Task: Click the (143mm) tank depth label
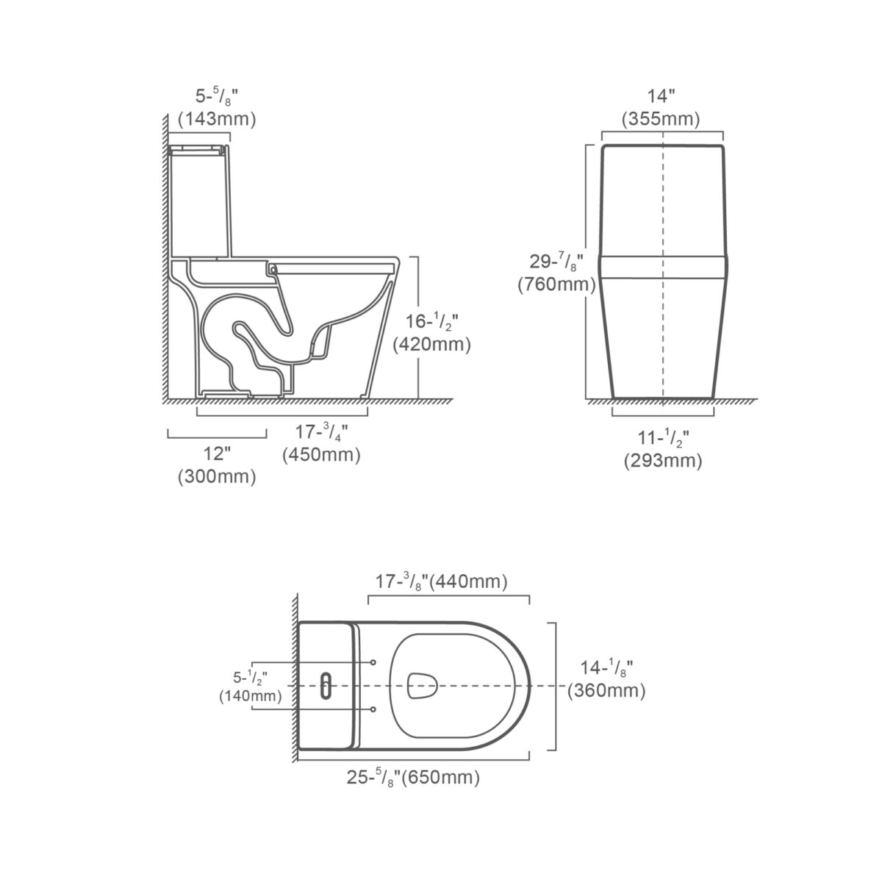[x=217, y=119]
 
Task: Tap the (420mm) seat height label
[x=431, y=344]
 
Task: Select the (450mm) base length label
[x=321, y=455]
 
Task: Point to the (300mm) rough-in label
[x=217, y=477]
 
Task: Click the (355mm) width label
[x=661, y=119]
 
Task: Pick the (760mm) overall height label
[x=556, y=284]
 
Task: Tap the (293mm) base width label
[x=663, y=461]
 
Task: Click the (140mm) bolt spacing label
[x=251, y=696]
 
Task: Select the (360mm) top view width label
[x=606, y=691]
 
